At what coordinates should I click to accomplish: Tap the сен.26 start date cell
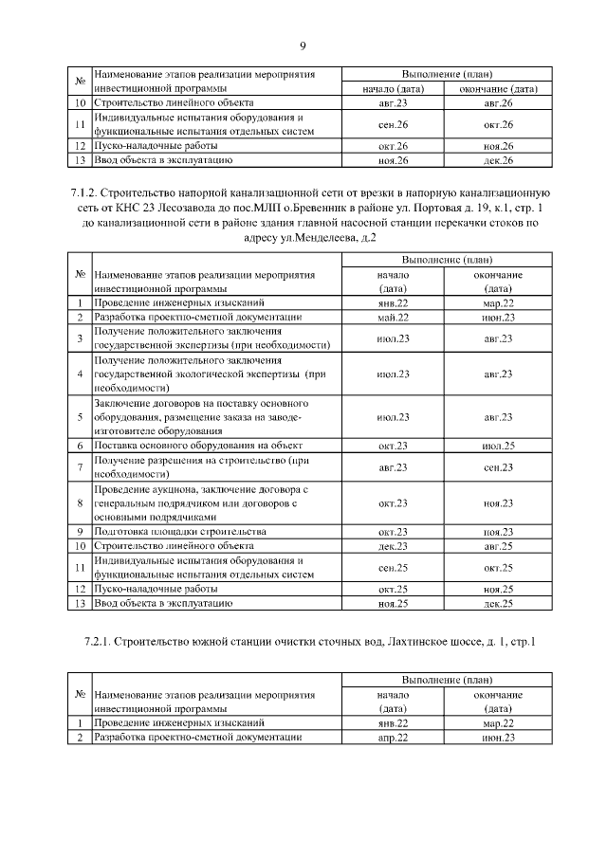pos(392,124)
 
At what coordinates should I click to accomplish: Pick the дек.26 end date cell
pos(498,160)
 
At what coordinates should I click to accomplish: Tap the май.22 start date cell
pos(392,317)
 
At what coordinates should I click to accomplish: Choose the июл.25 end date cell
pos(498,445)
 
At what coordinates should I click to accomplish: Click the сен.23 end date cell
pos(498,467)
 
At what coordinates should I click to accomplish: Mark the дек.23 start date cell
pos(392,546)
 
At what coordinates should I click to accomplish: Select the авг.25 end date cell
pos(498,546)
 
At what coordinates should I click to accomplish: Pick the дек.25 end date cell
pos(498,603)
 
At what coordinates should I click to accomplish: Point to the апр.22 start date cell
pos(392,737)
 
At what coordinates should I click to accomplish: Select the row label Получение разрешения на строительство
pos(202,461)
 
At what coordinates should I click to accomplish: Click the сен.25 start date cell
pos(392,568)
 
